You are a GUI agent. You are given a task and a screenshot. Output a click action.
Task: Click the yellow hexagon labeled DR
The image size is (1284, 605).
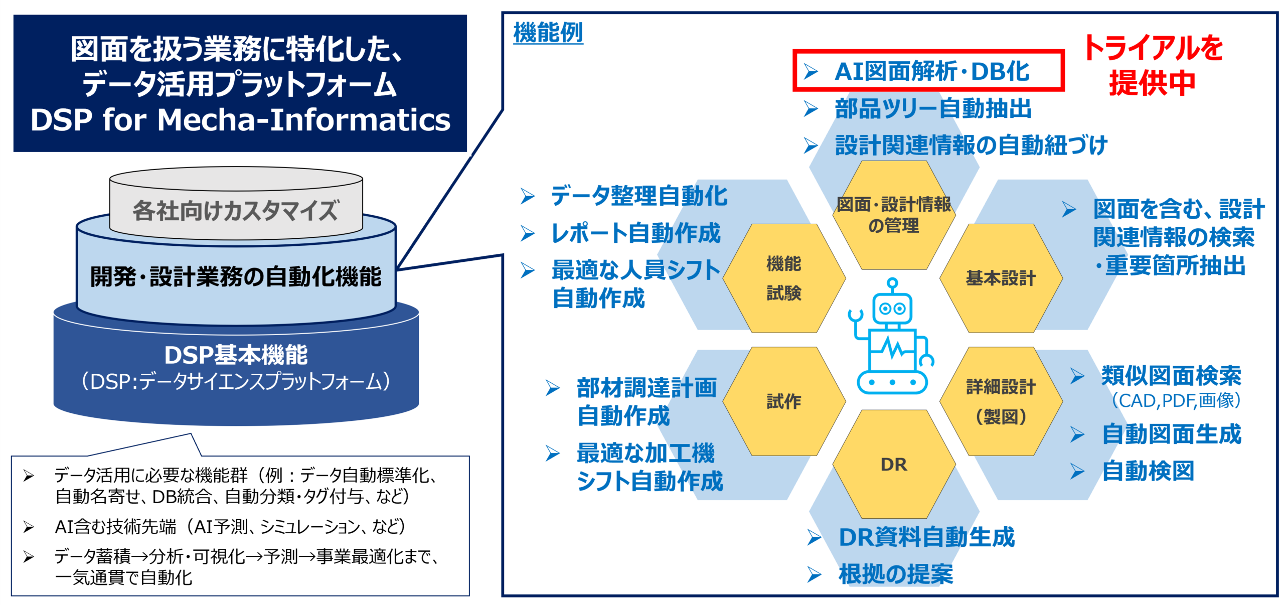click(894, 464)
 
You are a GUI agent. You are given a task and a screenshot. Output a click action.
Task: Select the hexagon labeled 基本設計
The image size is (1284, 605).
click(1001, 278)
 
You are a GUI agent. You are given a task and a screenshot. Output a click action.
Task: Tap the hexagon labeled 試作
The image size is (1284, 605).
click(784, 401)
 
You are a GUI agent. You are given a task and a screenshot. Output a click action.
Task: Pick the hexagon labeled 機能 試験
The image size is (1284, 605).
click(784, 278)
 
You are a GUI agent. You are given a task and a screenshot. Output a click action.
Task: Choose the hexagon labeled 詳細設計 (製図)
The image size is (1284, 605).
click(1001, 401)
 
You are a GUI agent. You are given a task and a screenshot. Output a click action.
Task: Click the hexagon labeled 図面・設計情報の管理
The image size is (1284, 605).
click(894, 215)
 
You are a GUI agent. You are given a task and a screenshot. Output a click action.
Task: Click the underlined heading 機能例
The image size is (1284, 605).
click(548, 33)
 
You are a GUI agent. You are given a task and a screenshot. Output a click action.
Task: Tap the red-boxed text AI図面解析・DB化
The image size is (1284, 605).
click(931, 71)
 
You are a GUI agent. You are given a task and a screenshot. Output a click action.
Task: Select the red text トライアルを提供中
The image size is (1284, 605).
click(1153, 65)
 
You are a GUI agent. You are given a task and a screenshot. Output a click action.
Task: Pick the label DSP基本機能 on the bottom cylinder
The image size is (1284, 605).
click(236, 355)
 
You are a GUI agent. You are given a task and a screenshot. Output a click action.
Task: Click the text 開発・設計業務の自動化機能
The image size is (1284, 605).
click(236, 276)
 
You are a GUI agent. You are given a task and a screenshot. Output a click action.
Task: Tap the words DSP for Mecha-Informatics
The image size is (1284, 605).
click(240, 120)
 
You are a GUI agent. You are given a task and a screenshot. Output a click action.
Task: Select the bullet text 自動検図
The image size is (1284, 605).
click(1148, 471)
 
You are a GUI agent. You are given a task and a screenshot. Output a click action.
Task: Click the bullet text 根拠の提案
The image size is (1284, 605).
click(896, 574)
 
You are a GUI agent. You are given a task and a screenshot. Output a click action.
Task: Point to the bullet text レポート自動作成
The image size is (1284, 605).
click(635, 233)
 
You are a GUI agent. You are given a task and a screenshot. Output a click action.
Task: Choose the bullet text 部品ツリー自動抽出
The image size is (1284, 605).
click(933, 108)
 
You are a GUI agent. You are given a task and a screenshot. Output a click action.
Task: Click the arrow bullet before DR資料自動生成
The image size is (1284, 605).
click(814, 537)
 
